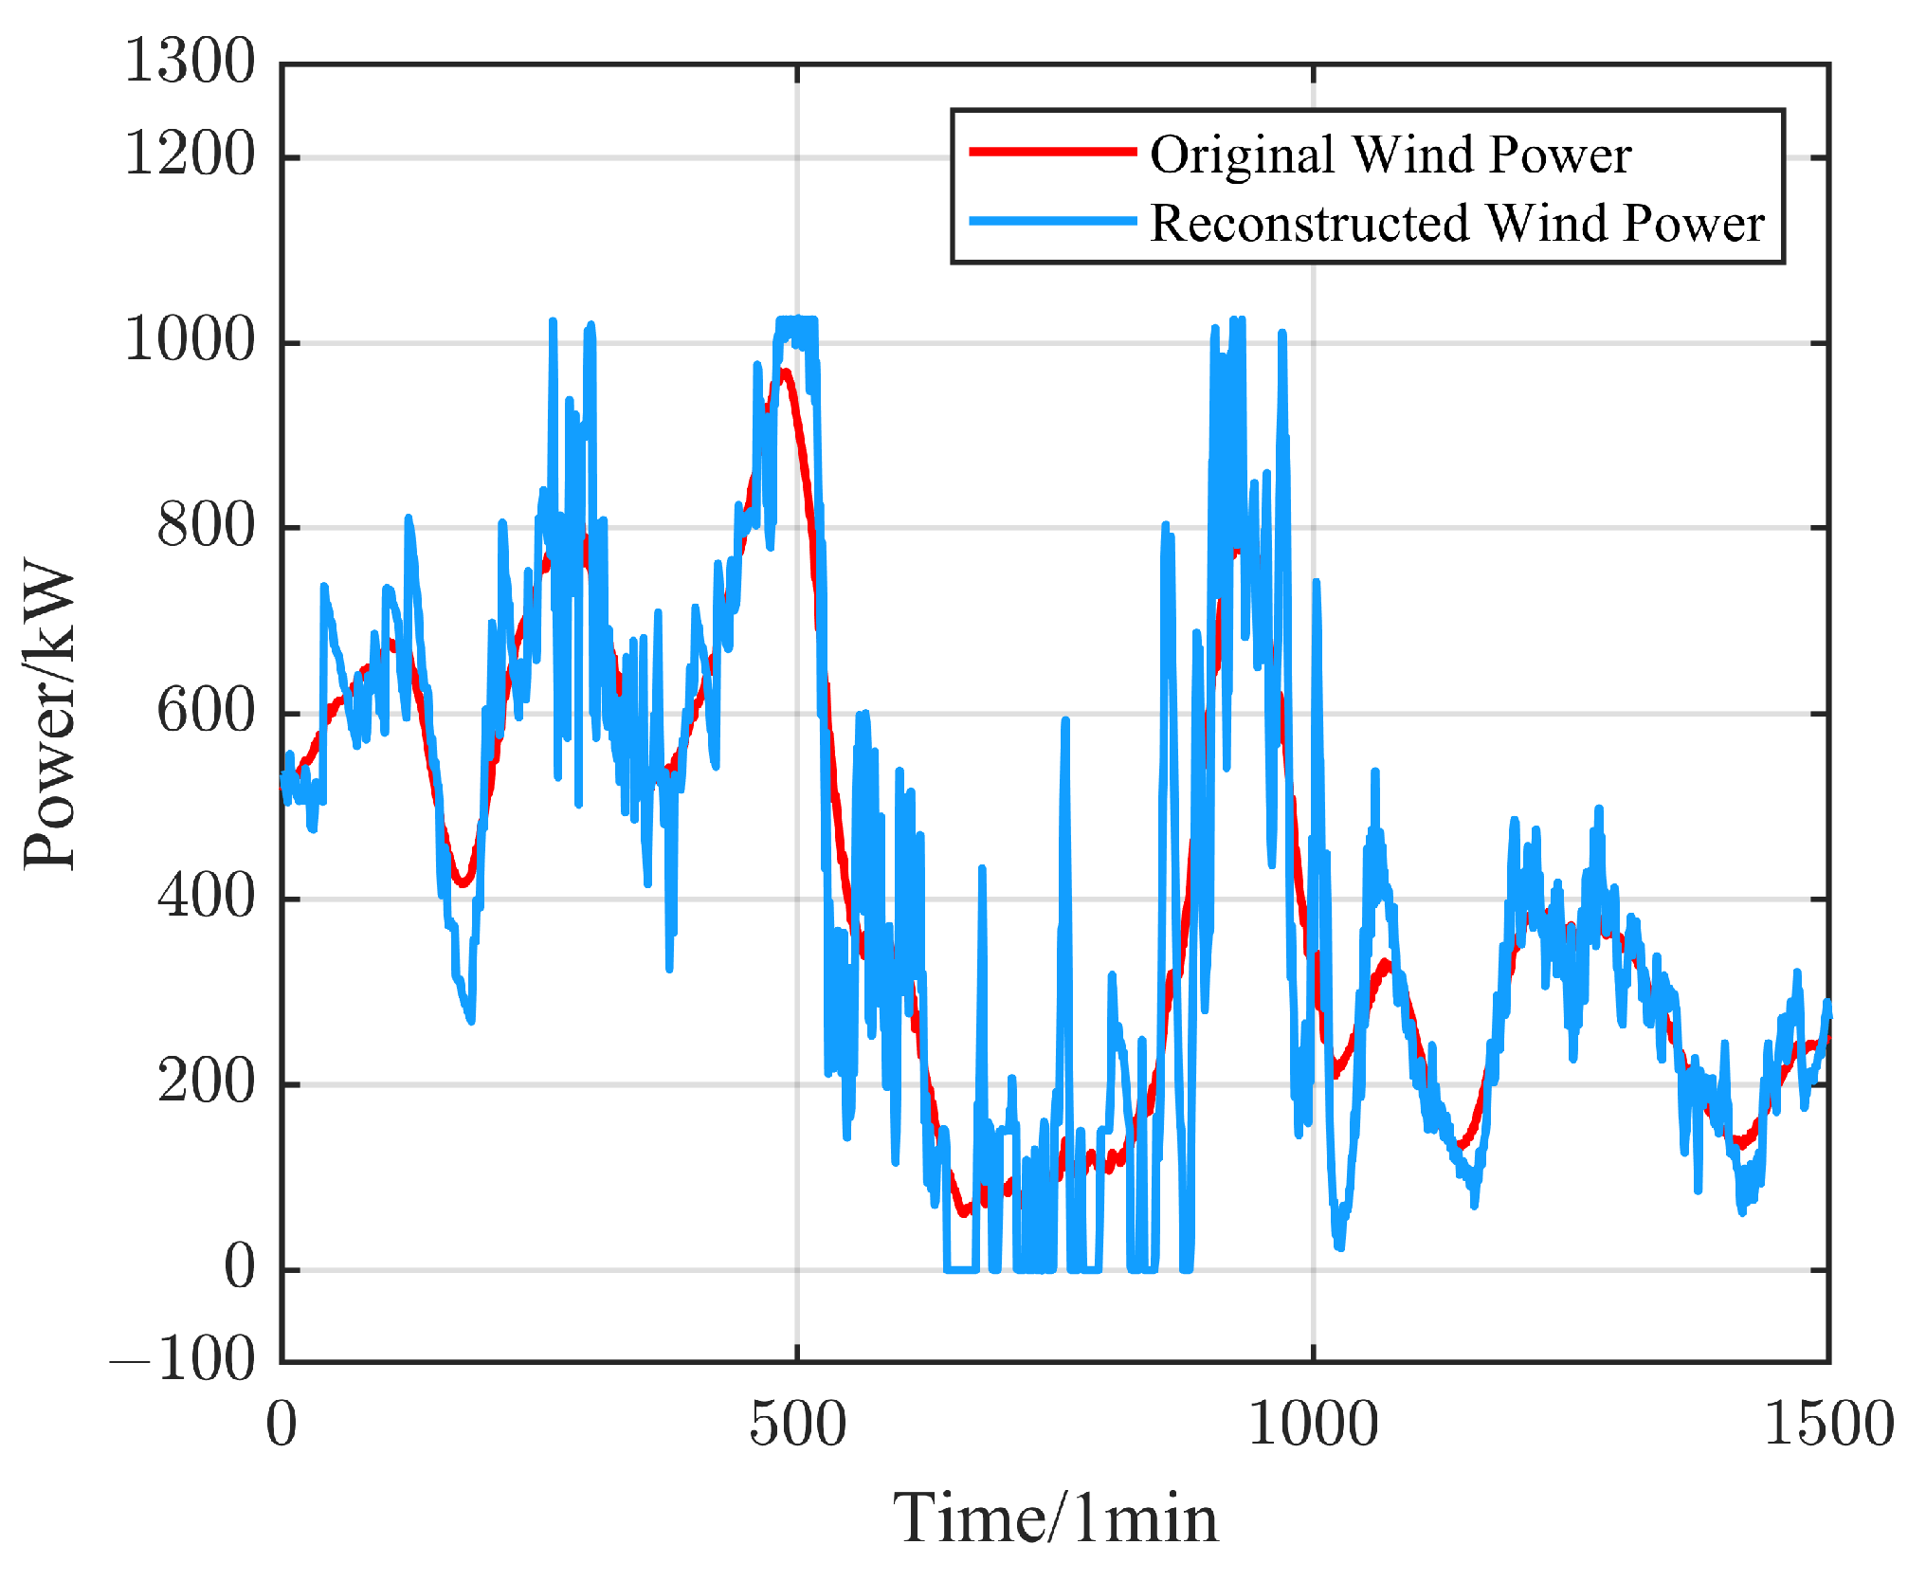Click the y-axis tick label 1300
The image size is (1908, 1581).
190,63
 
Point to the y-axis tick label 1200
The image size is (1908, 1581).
190,155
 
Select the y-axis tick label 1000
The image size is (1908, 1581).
190,340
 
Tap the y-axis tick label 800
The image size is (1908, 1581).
206,526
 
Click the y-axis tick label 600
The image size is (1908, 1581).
206,712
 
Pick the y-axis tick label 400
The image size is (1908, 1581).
206,897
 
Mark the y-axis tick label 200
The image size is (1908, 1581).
206,1081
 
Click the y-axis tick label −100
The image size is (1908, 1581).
182,1361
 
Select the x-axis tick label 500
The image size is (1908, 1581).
797,1425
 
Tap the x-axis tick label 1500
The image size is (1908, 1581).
1827,1425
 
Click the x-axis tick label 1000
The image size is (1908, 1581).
1313,1425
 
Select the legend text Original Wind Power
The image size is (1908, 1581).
1390,154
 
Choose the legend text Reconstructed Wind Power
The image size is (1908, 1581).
1456,224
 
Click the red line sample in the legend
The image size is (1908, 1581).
1052,152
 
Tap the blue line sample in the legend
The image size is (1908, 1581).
1052,221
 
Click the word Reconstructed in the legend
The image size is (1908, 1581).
1310,224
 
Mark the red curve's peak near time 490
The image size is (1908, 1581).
785,372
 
